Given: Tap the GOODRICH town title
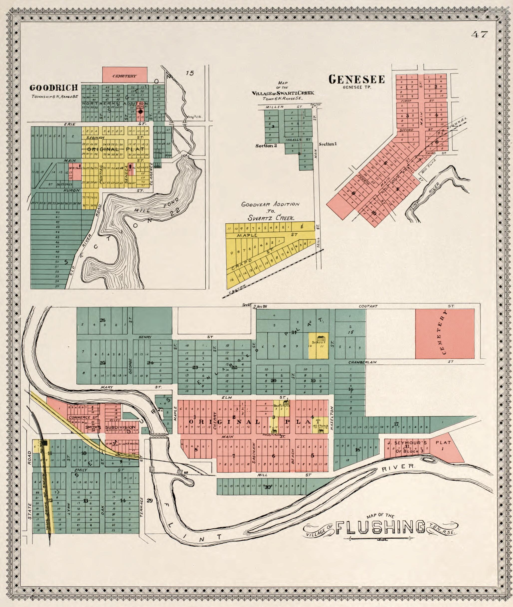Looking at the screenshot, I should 54,88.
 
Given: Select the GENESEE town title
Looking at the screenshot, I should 356,79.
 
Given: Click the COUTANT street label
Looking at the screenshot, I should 368,306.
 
